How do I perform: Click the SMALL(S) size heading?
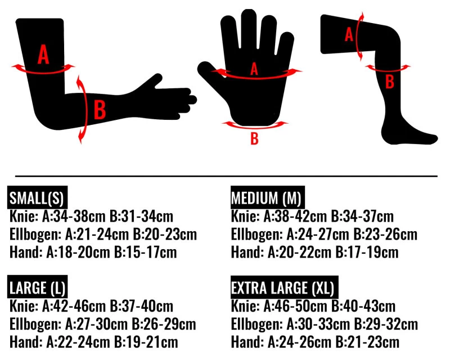click(37, 197)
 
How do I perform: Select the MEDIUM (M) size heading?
click(268, 197)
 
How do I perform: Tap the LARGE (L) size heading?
click(37, 287)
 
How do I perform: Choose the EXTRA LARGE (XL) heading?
click(284, 287)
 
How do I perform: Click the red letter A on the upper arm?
click(43, 54)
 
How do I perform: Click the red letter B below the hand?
click(254, 138)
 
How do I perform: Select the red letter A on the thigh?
click(349, 34)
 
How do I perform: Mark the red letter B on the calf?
click(389, 82)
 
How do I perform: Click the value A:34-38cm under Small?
click(74, 216)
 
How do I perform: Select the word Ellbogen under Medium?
click(256, 235)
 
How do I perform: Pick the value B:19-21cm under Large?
click(146, 342)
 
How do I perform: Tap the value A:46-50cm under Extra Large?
click(295, 306)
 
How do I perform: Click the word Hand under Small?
click(26, 252)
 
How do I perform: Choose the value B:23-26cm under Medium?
click(385, 234)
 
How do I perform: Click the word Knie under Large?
click(24, 306)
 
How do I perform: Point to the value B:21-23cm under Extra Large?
click(367, 342)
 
